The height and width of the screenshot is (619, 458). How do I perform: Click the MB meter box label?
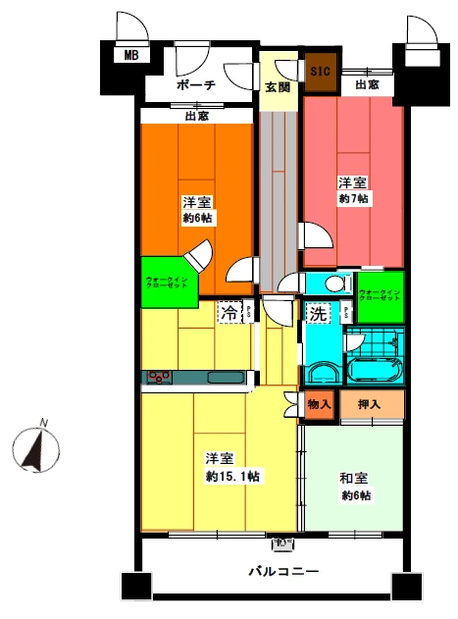tap(130, 56)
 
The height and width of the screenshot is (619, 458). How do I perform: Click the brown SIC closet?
tap(320, 72)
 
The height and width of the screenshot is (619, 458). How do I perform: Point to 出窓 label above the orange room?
tap(196, 117)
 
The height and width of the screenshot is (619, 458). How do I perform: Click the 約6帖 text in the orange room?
tap(199, 218)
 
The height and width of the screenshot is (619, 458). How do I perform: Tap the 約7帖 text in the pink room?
tap(353, 199)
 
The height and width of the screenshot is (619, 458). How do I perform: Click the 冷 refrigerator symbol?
tap(228, 314)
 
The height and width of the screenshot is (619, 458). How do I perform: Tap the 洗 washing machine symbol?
tap(318, 316)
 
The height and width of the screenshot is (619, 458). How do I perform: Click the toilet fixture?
tap(335, 284)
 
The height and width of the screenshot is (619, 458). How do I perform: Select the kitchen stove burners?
tap(159, 377)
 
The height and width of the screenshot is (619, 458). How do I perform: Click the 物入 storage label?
tap(318, 403)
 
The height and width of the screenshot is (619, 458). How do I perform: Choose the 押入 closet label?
tap(370, 403)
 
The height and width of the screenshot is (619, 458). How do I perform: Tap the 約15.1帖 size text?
tap(232, 477)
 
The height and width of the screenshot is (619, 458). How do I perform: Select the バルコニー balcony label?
tap(282, 571)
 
